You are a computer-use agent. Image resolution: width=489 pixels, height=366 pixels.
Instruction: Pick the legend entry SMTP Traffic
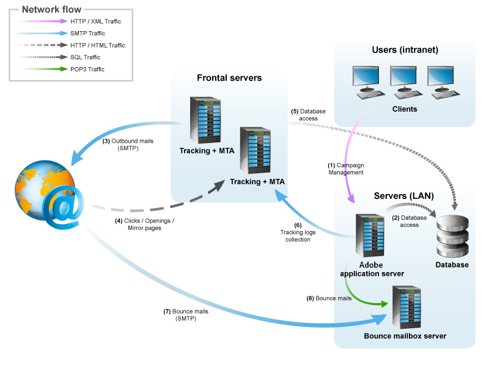87,34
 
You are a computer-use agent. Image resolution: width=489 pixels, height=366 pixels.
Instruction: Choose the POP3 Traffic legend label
87,70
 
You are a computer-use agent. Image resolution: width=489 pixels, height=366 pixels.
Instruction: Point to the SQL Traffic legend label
86,57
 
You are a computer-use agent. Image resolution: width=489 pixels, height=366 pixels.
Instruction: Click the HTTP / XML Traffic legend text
95,21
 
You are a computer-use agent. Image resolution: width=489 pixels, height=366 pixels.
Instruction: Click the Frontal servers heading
229,78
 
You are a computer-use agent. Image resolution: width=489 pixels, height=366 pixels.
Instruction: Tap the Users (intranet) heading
405,49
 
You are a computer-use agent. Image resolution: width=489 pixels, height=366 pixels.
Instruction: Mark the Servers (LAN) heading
403,196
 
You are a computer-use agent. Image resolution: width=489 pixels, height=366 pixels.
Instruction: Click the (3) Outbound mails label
128,144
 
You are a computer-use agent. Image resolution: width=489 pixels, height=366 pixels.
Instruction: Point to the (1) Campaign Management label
346,169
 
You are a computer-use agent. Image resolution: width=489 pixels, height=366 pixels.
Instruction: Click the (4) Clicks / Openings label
145,224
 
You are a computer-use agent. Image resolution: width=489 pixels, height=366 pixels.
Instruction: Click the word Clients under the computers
405,109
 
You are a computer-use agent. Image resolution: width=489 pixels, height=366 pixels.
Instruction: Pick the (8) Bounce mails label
329,298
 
